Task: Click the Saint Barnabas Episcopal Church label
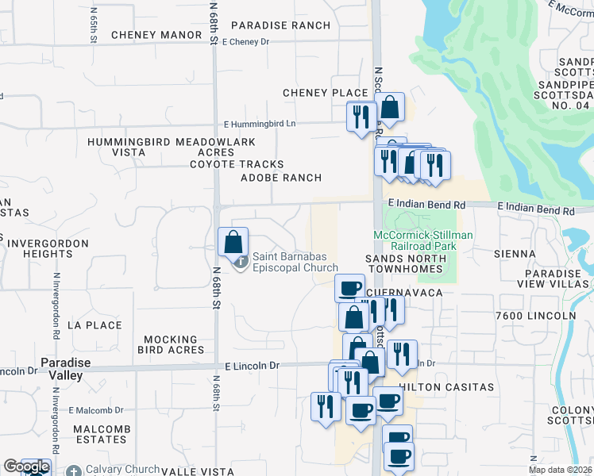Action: (295, 262)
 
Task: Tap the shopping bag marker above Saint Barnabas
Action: (233, 241)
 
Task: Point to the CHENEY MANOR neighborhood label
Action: (156, 35)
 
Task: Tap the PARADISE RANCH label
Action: (280, 25)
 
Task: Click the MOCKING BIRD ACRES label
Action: (171, 344)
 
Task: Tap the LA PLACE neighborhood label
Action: (94, 325)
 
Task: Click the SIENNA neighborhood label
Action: (514, 254)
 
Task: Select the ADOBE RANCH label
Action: (281, 178)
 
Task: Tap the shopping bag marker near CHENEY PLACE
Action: (390, 106)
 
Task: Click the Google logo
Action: (25, 467)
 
